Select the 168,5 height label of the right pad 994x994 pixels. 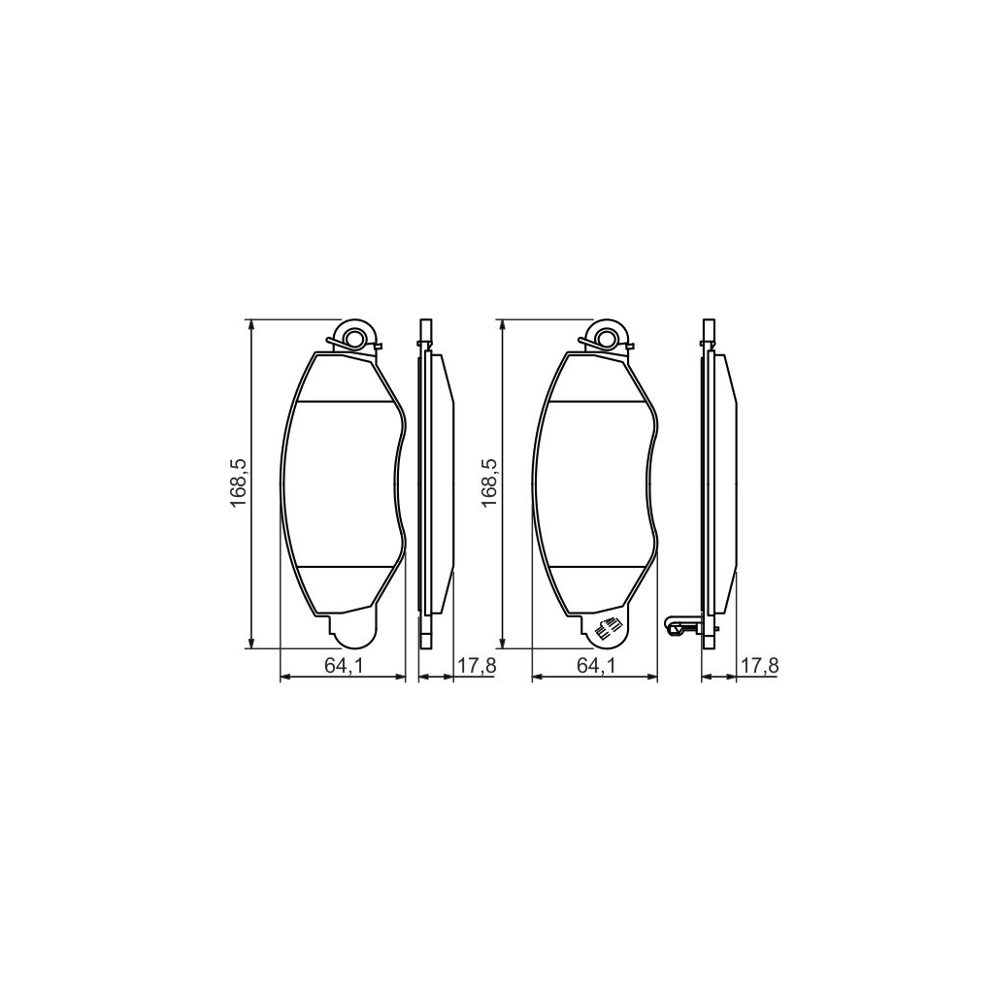click(490, 482)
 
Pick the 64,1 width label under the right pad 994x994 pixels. click(595, 665)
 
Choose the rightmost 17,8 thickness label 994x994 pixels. click(760, 665)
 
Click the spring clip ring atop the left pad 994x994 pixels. click(354, 338)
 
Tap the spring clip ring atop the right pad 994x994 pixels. click(610, 338)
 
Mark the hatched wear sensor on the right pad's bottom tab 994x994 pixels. click(608, 628)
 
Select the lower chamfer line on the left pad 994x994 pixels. click(346, 566)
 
